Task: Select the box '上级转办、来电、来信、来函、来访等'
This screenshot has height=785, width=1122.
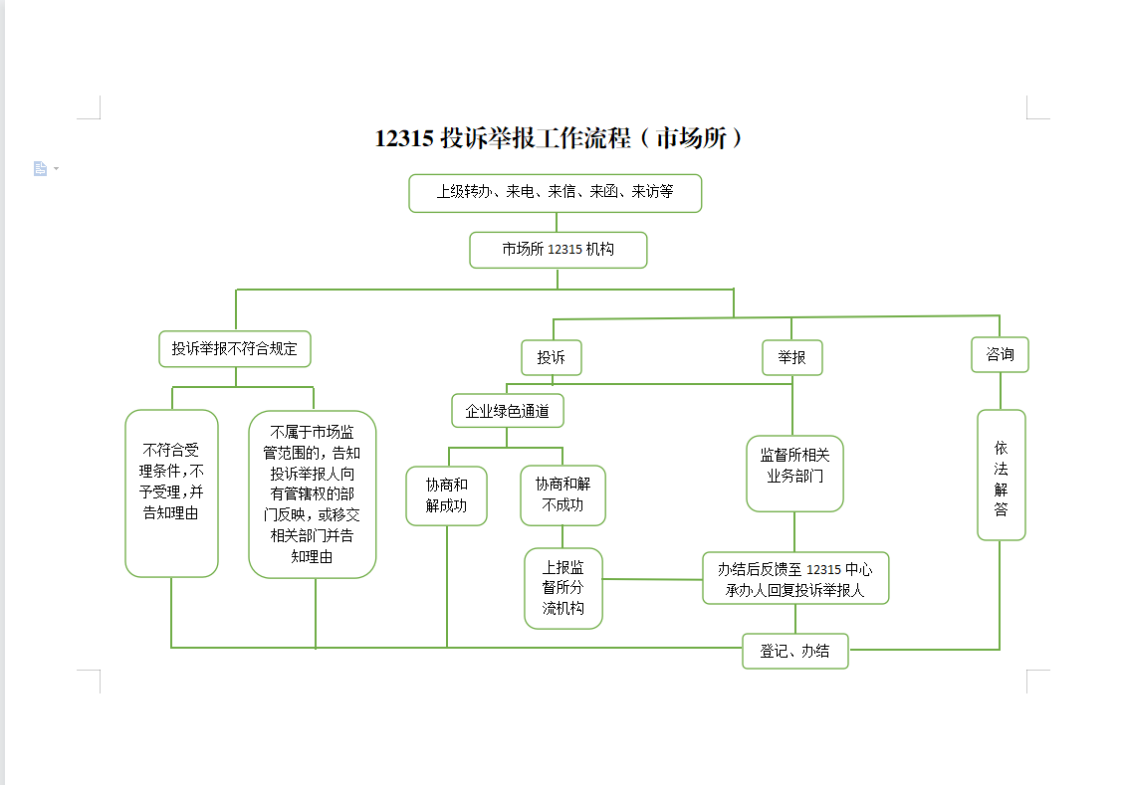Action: tap(555, 192)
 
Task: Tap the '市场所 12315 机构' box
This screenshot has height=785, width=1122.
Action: tap(558, 250)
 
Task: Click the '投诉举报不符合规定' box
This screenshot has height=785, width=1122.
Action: tap(235, 349)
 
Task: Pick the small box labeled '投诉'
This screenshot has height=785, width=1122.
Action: tap(551, 357)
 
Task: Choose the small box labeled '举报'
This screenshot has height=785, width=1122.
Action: tap(792, 357)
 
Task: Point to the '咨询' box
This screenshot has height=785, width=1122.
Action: tap(1000, 354)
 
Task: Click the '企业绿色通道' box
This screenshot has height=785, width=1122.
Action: tap(508, 410)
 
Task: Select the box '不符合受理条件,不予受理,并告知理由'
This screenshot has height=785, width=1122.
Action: tap(172, 492)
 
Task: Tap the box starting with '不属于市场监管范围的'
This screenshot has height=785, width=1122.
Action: tap(312, 493)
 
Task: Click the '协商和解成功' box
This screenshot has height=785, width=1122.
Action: tap(447, 495)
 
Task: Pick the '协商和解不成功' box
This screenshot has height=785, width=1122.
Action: tap(562, 495)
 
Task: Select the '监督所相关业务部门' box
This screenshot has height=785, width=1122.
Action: tap(794, 474)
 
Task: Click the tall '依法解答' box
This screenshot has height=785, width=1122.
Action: tap(1001, 475)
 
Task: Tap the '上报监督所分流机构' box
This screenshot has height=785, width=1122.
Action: tap(563, 588)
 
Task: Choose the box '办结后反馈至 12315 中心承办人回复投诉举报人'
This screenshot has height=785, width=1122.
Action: tap(794, 579)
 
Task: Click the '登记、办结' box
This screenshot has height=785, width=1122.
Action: tap(794, 651)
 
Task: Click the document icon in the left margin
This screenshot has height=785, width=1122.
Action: tap(41, 168)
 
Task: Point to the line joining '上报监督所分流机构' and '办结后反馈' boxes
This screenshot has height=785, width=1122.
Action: tap(652, 579)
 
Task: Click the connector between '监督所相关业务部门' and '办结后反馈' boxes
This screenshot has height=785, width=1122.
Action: tap(793, 531)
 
